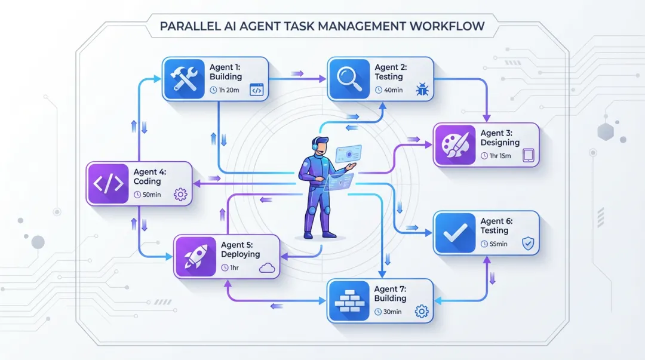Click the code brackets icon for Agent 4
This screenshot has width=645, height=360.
107,184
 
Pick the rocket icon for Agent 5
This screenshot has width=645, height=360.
195,257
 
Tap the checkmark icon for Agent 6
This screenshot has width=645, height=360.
454,232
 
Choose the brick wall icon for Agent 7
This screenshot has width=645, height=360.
349,300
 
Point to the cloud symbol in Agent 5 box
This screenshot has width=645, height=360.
267,268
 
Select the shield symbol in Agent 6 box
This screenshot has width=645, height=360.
527,244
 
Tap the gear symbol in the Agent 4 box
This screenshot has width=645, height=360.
180,195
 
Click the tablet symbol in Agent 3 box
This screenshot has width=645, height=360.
528,156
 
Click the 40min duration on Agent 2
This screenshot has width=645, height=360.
391,90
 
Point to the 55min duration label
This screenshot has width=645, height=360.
497,244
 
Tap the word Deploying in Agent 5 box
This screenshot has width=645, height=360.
240,254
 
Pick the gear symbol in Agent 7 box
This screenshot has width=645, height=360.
422,311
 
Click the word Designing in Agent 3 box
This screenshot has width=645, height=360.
500,143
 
